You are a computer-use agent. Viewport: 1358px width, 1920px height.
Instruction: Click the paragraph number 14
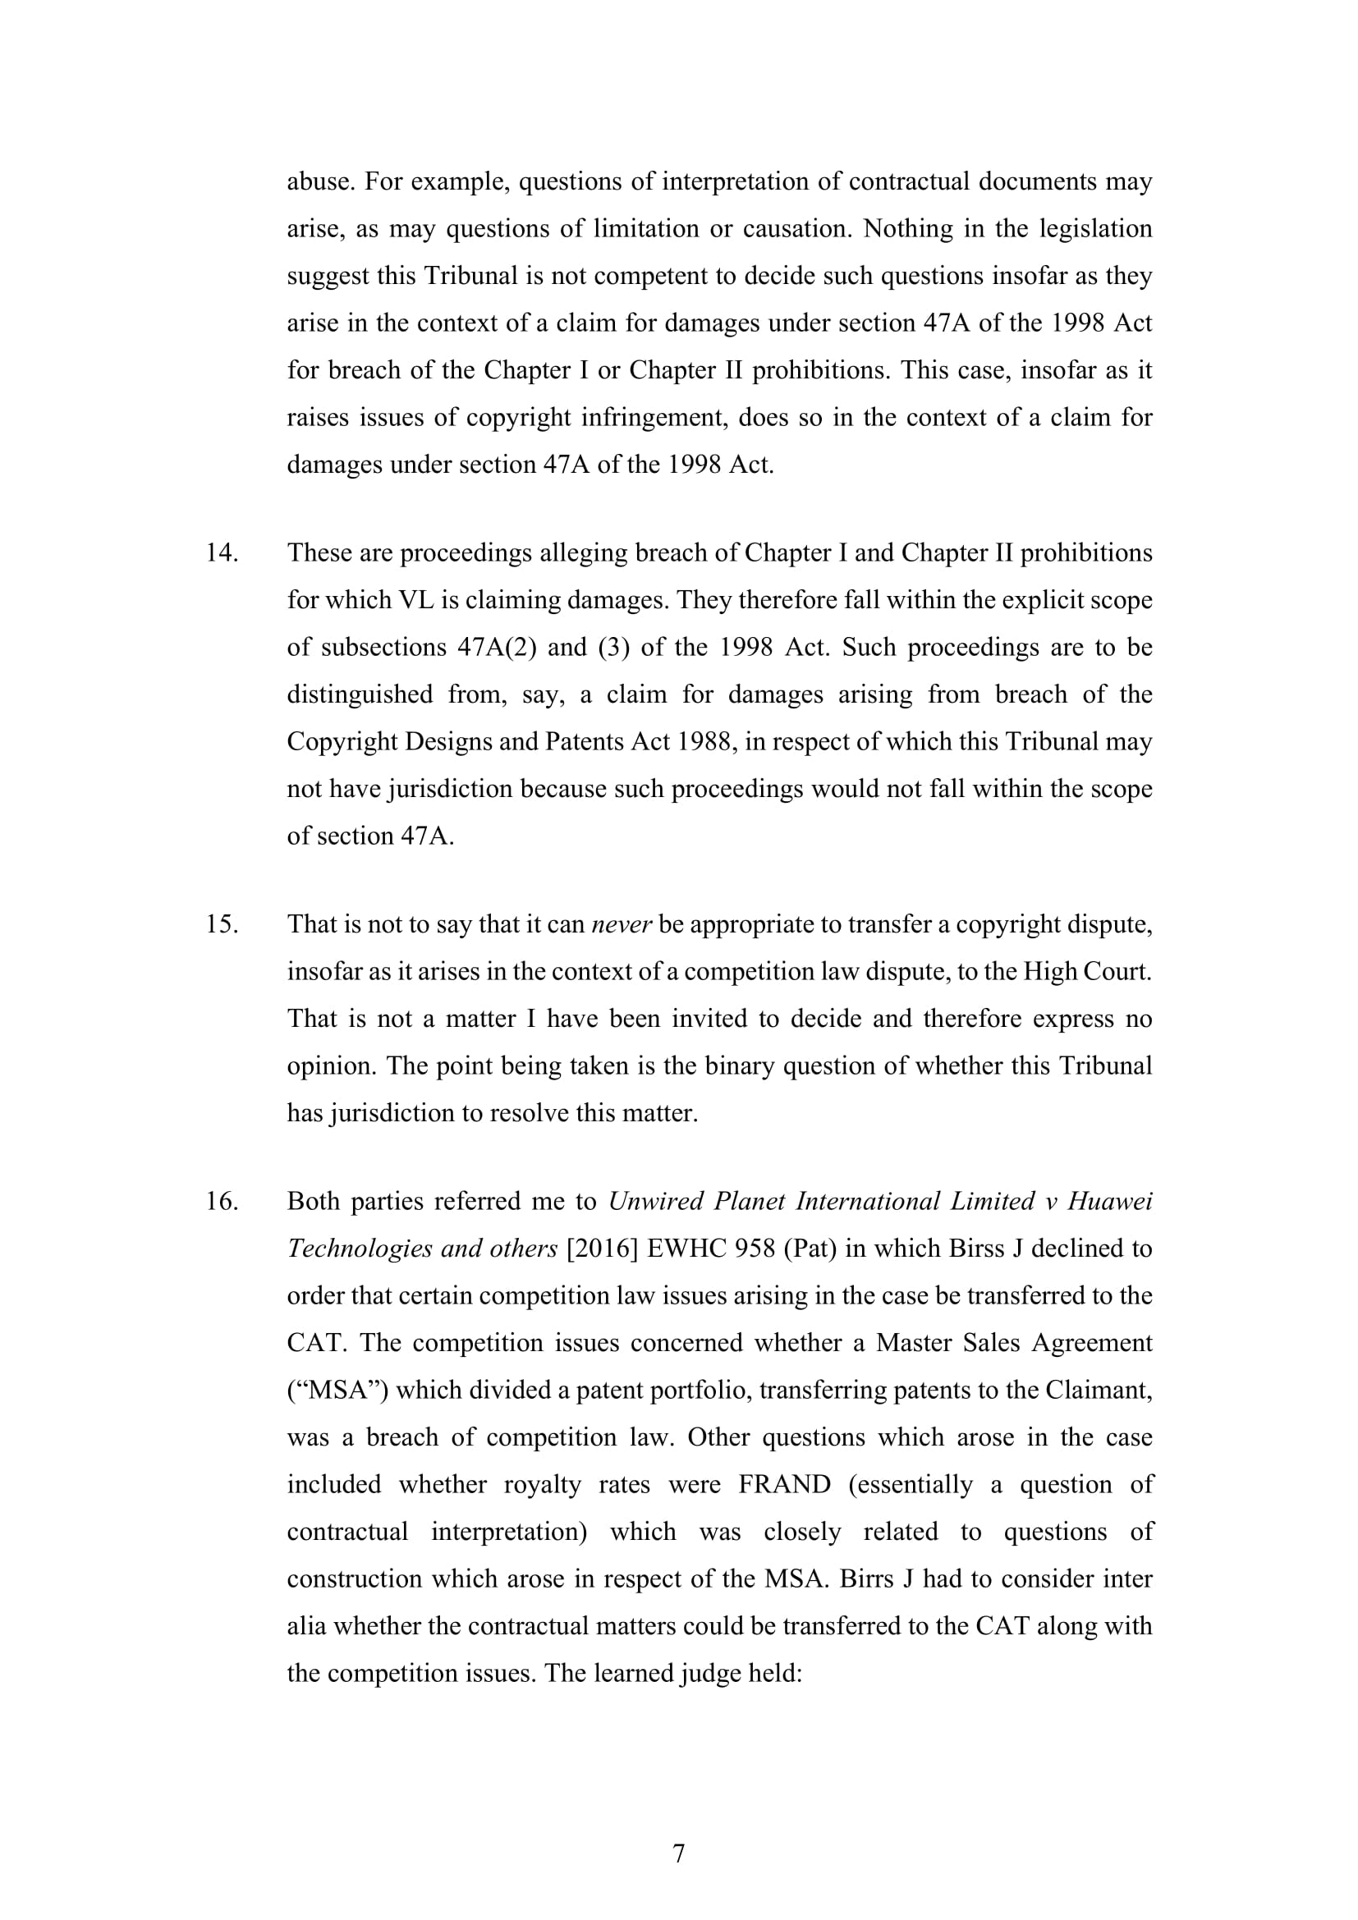pos(222,553)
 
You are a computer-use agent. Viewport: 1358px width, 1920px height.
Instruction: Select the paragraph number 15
pos(222,925)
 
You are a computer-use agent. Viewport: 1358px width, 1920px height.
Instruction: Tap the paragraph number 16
pos(222,1202)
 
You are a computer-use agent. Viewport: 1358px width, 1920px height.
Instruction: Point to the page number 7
pos(679,1854)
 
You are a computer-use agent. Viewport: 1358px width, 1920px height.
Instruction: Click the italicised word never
pos(621,925)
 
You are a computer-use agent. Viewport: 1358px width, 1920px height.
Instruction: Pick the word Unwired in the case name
pos(654,1202)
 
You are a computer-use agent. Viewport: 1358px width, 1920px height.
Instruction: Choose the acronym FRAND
pos(784,1484)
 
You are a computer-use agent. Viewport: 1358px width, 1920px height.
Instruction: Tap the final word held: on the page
pos(773,1673)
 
